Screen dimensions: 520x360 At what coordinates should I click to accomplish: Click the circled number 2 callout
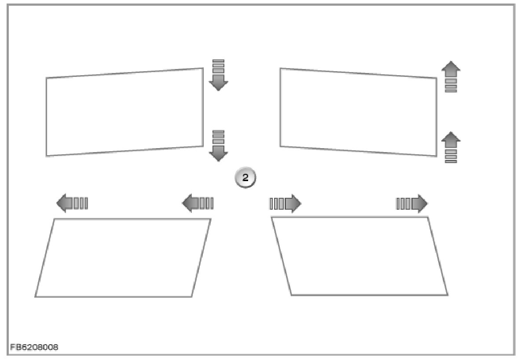click(x=245, y=178)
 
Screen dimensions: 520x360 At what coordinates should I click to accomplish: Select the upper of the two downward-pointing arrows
click(x=218, y=75)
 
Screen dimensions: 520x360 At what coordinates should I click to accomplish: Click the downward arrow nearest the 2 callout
click(x=218, y=146)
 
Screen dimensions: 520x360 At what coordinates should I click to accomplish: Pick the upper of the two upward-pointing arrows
click(x=451, y=76)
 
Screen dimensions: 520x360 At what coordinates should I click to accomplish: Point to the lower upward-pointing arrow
click(x=451, y=148)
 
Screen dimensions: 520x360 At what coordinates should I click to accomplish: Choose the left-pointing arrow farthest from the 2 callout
click(x=72, y=204)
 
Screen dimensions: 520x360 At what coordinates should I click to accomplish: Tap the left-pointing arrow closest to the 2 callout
click(x=198, y=204)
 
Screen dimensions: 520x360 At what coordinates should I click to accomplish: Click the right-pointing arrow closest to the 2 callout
click(x=285, y=204)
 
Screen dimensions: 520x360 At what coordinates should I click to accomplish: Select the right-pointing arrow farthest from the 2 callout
click(x=412, y=204)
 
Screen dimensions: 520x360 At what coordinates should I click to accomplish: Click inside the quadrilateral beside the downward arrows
click(x=125, y=112)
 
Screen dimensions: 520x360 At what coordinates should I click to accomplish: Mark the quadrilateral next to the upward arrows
click(x=358, y=112)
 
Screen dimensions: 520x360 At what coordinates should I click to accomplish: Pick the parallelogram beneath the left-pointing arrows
click(x=123, y=258)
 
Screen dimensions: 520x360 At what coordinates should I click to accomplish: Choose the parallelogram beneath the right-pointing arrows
click(x=359, y=256)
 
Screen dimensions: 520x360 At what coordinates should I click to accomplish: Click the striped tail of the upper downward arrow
click(x=218, y=65)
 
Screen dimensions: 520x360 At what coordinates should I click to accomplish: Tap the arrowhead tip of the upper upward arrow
click(x=451, y=62)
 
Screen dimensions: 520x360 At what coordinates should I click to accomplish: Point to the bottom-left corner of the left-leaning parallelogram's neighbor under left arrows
click(x=36, y=297)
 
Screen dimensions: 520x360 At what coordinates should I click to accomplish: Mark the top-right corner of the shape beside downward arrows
click(x=203, y=68)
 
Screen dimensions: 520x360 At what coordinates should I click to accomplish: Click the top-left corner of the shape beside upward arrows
click(x=281, y=69)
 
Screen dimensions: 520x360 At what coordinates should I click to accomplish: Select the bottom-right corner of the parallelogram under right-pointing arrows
click(x=447, y=295)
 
